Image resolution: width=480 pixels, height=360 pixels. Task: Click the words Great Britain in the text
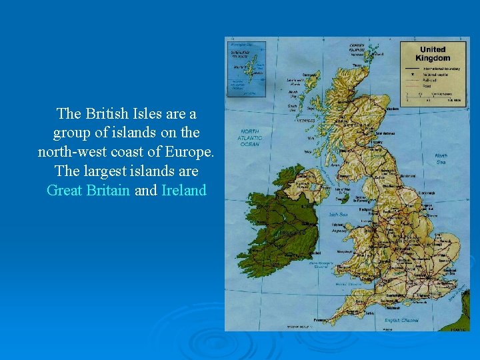[89, 191]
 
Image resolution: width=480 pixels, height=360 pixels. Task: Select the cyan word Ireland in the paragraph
[184, 191]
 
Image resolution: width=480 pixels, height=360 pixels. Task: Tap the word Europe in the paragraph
[191, 152]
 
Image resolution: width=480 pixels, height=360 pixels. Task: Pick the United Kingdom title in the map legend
[433, 53]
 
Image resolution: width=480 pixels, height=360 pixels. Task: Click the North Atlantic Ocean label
[250, 138]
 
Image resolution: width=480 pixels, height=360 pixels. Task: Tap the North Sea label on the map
[441, 158]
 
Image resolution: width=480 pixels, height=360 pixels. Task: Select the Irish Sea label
[339, 215]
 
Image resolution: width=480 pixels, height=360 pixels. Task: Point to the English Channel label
[401, 320]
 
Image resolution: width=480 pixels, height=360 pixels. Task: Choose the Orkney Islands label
[359, 49]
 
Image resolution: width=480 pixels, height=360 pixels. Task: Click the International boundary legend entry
[437, 68]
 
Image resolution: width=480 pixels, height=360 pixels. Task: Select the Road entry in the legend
[427, 85]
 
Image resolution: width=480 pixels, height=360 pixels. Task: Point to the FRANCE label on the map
[459, 328]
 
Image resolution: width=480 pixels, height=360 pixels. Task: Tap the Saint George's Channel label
[321, 265]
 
